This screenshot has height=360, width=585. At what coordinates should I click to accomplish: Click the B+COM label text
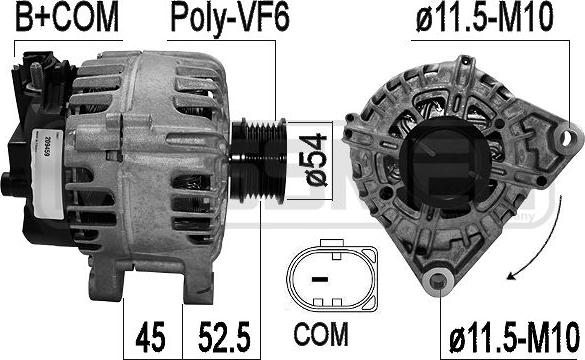tap(67, 17)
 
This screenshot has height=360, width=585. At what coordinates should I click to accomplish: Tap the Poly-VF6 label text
tap(230, 19)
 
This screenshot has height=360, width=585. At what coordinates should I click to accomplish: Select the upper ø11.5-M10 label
tap(484, 18)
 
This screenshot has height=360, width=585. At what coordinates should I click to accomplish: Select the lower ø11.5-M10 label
tap(515, 337)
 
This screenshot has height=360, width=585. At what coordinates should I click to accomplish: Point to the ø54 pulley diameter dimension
tap(316, 160)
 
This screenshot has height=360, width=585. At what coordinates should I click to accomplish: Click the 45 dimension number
tap(150, 337)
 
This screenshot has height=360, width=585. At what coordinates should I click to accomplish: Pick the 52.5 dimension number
tap(224, 337)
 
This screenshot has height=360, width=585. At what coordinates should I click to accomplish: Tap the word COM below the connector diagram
tap(321, 334)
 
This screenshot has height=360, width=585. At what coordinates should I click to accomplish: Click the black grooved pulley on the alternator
tap(258, 161)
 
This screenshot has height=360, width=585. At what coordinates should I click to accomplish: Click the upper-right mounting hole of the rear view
tap(567, 137)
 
